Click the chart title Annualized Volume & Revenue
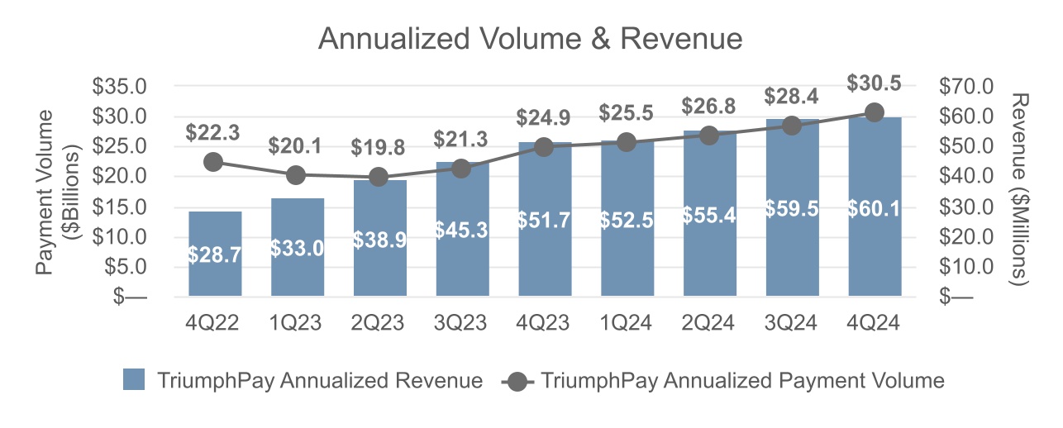click(531, 39)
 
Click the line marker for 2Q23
click(379, 177)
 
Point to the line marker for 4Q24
click(875, 112)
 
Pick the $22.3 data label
click(214, 132)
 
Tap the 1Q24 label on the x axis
click(627, 323)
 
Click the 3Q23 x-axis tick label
click(462, 323)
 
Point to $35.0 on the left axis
click(118, 86)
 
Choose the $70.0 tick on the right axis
click(967, 86)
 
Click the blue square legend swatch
click(134, 380)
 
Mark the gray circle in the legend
click(518, 381)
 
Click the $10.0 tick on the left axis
click(118, 236)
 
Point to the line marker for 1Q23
click(297, 174)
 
